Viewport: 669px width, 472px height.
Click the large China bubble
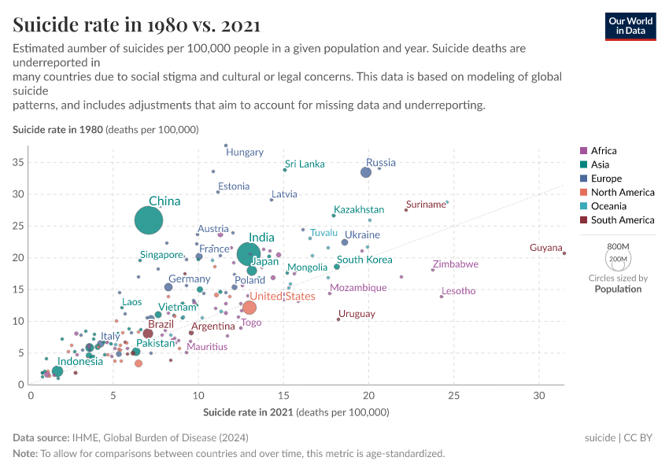tap(150, 221)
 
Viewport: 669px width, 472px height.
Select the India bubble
tap(249, 253)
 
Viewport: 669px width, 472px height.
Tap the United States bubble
tap(249, 308)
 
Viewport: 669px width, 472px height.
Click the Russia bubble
tap(365, 172)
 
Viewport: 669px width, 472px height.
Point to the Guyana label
tap(545, 248)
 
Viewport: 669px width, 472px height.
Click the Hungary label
tap(245, 152)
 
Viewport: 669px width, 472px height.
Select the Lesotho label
tap(458, 291)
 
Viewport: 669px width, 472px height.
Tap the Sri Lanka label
tap(305, 164)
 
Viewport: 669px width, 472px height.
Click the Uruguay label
tap(357, 314)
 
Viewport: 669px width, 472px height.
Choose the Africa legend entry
tap(603, 150)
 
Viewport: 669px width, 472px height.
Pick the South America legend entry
tap(622, 220)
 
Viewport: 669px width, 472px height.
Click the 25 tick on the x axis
tap(453, 395)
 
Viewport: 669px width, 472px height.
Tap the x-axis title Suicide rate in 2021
tap(296, 411)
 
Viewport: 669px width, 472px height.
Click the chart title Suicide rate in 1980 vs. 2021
tap(137, 25)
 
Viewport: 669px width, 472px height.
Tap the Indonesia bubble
tap(57, 371)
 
